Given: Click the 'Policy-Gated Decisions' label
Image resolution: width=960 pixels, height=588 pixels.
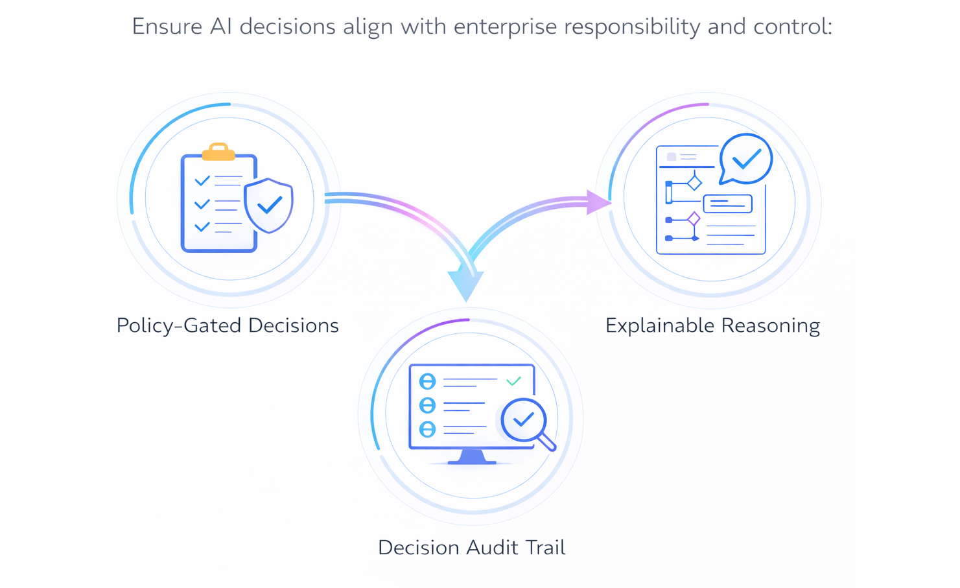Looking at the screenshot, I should [228, 325].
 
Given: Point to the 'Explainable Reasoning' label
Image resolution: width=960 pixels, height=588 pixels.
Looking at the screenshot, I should [712, 325].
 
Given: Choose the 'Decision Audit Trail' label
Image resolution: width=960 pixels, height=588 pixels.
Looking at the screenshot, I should [471, 548].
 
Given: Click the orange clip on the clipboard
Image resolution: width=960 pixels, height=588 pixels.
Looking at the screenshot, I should [218, 152].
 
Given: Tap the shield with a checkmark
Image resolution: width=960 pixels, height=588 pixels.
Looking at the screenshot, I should [268, 205].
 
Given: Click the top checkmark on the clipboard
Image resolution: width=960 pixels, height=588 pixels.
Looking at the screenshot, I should [202, 180].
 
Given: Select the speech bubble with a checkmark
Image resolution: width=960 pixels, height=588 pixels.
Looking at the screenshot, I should [746, 159].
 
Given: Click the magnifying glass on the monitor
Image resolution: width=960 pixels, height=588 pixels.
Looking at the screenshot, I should [524, 421].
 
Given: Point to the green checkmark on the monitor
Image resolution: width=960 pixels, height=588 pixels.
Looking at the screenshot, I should [513, 381].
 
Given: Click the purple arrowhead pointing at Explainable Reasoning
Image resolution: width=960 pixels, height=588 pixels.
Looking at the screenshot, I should [598, 202].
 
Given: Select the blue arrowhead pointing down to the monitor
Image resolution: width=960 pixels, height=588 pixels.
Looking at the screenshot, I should [465, 284].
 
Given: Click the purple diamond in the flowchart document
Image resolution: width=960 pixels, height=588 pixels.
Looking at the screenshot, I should [694, 218].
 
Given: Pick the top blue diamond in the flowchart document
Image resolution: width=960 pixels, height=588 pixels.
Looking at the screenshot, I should [694, 182].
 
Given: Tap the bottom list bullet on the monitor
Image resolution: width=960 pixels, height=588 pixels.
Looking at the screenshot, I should [427, 429].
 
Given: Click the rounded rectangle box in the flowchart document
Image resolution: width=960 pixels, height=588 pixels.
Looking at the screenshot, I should [727, 204].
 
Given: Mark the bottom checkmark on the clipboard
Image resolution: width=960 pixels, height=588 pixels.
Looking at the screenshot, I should [202, 227].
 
